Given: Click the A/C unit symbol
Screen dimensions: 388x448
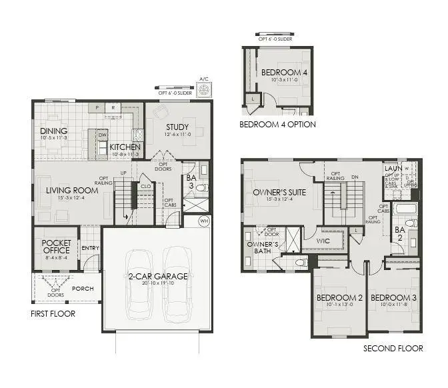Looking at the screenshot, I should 205,89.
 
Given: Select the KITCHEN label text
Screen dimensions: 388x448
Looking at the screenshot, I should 125,147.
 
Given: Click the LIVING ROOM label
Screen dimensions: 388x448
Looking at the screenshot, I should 72,190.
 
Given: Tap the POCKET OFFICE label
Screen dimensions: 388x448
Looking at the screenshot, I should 56,247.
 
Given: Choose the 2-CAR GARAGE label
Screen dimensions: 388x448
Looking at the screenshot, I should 159,276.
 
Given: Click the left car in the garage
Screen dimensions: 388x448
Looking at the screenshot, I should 140,283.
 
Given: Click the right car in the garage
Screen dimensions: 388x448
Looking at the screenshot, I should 178,283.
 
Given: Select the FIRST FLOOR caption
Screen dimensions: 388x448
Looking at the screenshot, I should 53,313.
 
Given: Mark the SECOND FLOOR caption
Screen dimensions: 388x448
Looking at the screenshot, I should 393,349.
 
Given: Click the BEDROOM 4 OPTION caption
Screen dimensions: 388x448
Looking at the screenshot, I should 277,124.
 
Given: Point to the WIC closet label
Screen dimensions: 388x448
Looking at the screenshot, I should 323,241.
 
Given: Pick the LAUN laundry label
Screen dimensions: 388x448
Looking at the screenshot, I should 392,169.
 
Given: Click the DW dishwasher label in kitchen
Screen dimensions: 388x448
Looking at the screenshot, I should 103,134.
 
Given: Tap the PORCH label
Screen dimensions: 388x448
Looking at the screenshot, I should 83,289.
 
